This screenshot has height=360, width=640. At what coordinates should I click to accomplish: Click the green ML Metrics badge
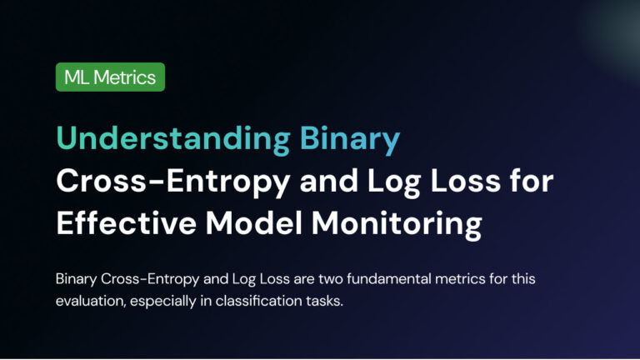[x=110, y=77]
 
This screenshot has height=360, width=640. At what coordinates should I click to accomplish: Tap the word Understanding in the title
[x=173, y=138]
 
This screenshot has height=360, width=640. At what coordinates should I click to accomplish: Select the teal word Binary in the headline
[x=350, y=140]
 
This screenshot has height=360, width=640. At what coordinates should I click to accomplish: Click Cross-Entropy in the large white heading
[x=173, y=181]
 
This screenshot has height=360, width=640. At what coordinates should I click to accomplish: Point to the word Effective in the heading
[x=127, y=222]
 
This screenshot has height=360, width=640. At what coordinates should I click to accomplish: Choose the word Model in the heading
[x=254, y=222]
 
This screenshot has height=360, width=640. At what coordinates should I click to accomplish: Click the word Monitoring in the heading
[x=397, y=224]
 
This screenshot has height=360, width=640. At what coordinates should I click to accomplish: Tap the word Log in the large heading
[x=394, y=182]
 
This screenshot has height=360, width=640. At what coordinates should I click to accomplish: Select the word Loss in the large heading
[x=466, y=180]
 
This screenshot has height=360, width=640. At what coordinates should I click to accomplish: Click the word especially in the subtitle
[x=163, y=302]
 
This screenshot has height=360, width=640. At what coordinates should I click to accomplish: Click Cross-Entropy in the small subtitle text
[x=150, y=280]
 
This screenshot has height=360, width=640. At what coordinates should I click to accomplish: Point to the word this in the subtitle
[x=524, y=279]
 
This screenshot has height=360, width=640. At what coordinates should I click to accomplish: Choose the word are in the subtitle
[x=304, y=280]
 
